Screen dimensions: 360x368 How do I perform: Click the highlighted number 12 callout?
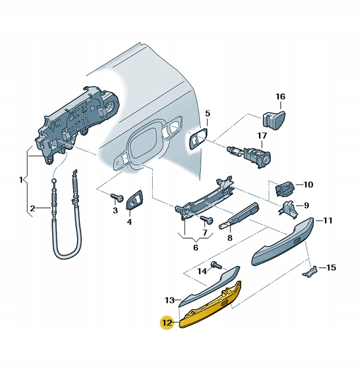click(168, 323)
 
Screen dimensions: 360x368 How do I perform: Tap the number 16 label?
click(280, 96)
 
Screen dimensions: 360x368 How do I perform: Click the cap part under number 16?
click(273, 121)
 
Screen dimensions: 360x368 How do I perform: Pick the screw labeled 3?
click(118, 197)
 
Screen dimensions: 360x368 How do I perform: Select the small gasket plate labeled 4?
click(134, 199)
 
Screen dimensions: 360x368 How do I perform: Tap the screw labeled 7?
click(207, 220)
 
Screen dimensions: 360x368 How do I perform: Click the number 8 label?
click(230, 238)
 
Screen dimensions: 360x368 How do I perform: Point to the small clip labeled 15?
click(310, 271)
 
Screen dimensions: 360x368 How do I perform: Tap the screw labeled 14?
click(216, 265)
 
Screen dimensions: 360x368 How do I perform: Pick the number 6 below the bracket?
click(195, 247)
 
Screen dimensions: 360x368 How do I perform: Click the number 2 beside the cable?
click(32, 208)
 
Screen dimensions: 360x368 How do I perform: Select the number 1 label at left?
click(21, 180)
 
